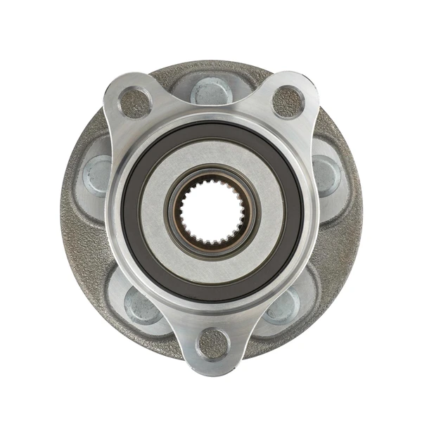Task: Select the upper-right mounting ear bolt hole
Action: (288, 102)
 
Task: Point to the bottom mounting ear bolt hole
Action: (212, 343)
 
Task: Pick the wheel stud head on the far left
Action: (98, 175)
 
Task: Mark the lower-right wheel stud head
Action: (284, 305)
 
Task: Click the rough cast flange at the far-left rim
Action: (70, 211)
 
